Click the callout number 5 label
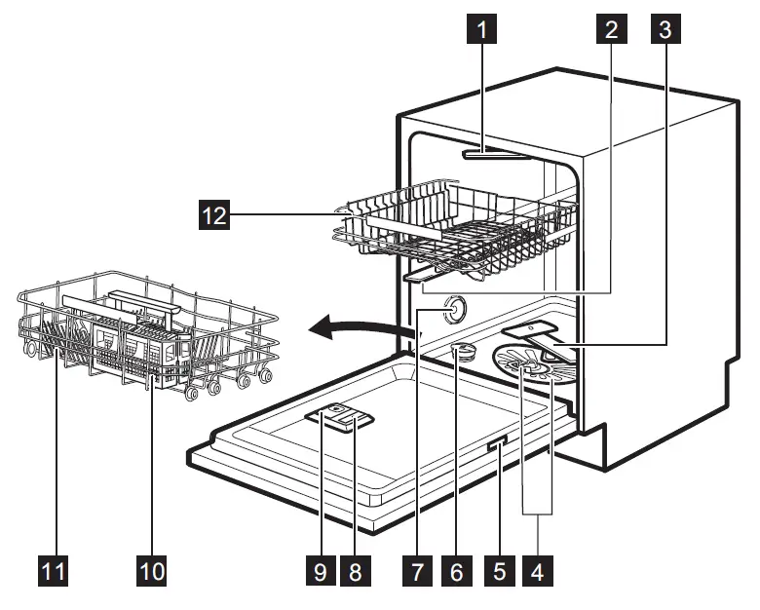500,570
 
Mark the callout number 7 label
416,570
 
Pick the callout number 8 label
356,570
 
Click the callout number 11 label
54,570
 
